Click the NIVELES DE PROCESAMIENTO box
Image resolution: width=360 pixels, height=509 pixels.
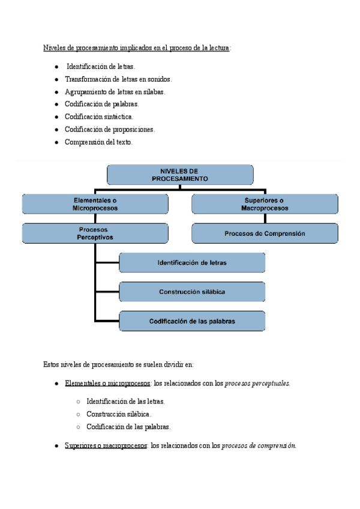pos(180,175)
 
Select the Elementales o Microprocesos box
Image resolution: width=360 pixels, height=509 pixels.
pos(95,204)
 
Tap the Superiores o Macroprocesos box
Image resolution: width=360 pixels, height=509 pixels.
pos(265,204)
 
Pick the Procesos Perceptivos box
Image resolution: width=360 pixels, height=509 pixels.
pos(95,233)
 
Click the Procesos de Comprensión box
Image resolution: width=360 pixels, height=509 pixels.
pos(265,233)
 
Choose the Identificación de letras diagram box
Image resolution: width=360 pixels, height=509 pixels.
pos(192,263)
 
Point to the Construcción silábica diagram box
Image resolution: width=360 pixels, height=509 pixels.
pos(192,292)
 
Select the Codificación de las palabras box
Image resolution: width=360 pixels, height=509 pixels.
pos(192,321)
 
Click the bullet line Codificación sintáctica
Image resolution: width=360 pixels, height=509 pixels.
pos(99,116)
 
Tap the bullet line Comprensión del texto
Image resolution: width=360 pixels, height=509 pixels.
pos(98,142)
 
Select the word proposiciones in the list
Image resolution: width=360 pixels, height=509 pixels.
pos(133,130)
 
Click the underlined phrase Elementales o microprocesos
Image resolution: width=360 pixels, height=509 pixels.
pos(107,384)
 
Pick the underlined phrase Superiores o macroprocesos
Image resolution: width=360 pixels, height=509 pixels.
pos(106,445)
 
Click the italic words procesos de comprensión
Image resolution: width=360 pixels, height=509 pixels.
pos(259,445)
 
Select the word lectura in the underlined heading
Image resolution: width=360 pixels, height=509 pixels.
pos(219,48)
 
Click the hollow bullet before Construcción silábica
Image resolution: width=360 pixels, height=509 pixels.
pos(78,415)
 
